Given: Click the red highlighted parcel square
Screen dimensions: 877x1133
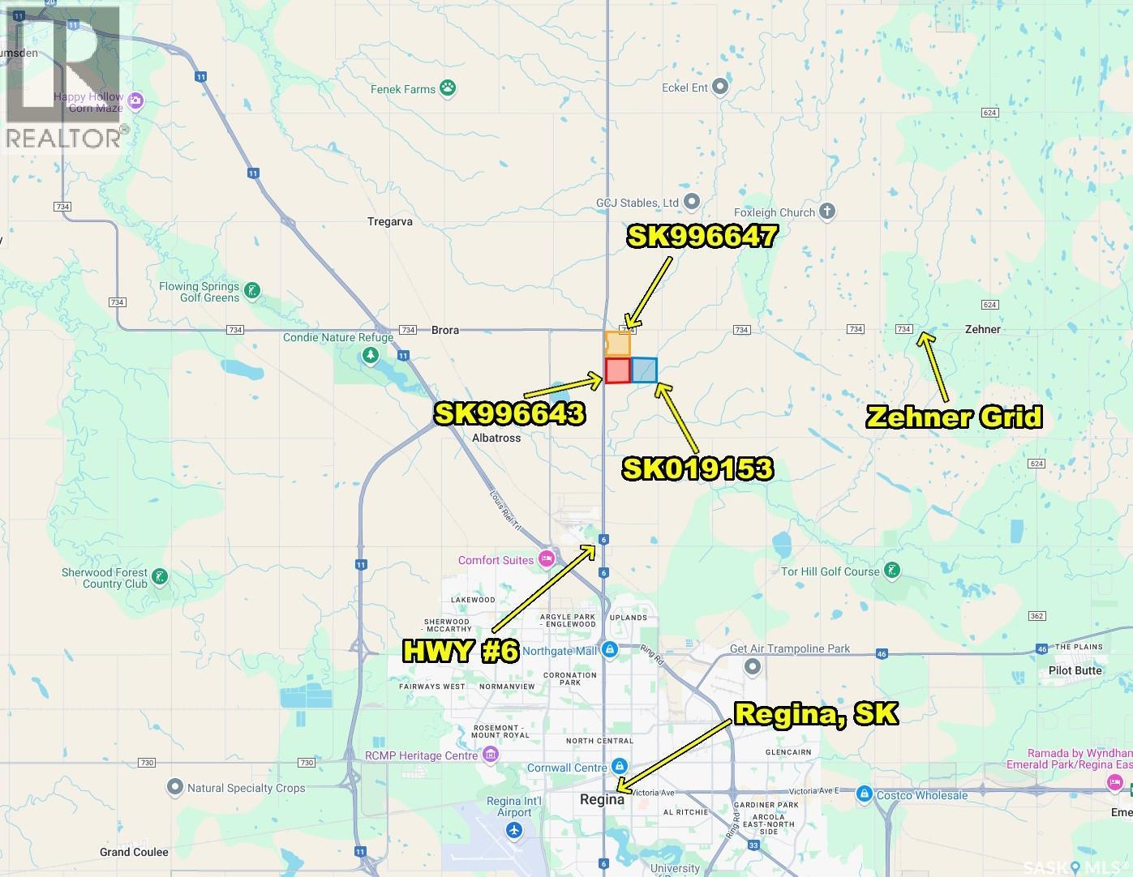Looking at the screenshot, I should point(617,370).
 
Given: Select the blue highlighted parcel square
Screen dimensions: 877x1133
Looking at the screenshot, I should point(644,370).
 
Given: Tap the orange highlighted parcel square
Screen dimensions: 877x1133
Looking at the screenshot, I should point(617,344).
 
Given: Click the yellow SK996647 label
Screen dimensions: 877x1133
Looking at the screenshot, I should point(702,236).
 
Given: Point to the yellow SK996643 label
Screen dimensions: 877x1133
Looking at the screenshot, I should point(509,413).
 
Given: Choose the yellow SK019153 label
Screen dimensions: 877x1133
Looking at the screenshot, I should point(697,468).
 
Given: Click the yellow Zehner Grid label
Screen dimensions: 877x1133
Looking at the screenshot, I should point(954,417).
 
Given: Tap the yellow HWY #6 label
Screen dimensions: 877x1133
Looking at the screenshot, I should point(460,651).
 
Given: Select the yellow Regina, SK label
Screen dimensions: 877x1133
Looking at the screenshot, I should point(816,714).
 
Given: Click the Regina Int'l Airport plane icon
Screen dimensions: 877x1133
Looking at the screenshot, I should point(514,830).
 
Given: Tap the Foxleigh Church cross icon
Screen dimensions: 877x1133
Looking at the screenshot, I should point(827,212).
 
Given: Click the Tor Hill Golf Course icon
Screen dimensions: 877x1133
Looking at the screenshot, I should point(892,571).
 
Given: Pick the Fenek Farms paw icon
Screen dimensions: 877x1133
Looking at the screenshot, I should point(448,88).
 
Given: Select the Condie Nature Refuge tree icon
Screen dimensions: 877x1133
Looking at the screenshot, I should point(371,355).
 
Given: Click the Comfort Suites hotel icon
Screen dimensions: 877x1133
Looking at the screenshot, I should point(547,559).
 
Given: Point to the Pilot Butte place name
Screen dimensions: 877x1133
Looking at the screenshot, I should point(1075,670).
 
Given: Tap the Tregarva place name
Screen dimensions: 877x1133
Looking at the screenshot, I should point(390,221).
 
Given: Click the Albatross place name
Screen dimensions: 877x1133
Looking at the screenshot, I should point(496,438).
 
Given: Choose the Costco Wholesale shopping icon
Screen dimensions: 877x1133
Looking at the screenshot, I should point(865,794).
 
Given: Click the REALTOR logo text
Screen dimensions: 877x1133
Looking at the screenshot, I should point(64,138).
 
